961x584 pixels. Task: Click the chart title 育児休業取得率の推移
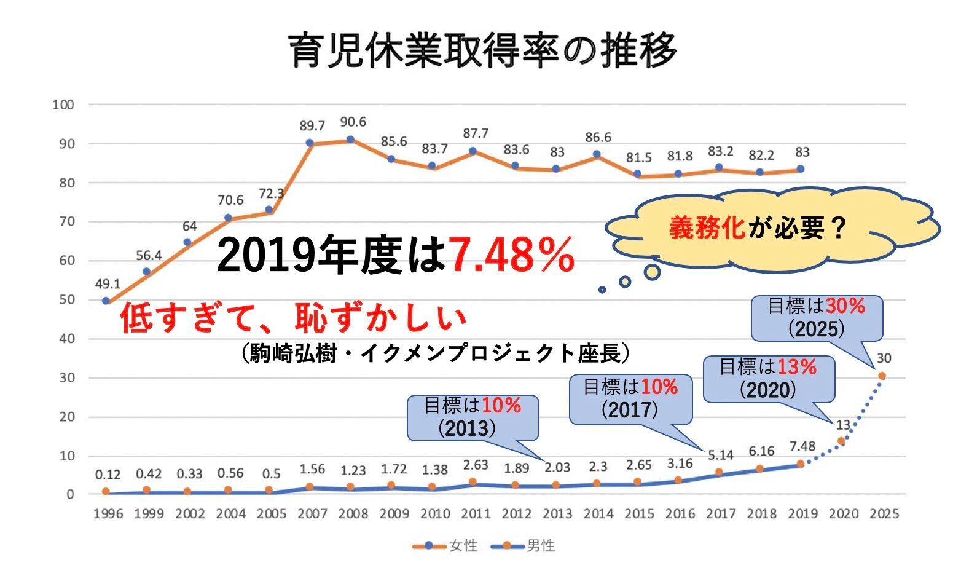(x=483, y=50)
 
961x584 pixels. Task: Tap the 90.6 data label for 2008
(x=353, y=122)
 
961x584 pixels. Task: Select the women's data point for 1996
(x=106, y=301)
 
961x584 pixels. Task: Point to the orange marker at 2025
(x=882, y=376)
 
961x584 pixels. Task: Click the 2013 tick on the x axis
(x=557, y=514)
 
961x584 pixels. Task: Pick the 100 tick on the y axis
(x=63, y=105)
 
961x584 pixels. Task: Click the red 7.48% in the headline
(x=512, y=255)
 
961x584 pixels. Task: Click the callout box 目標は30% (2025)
(x=817, y=318)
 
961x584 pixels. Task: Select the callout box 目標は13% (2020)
(x=768, y=379)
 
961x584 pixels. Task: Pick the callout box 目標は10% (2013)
(x=473, y=417)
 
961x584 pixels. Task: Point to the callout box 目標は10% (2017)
(x=630, y=398)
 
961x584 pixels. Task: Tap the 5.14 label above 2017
(x=721, y=456)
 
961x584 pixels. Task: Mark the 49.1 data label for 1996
(x=108, y=284)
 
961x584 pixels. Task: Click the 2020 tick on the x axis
(x=844, y=514)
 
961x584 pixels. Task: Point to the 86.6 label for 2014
(x=598, y=137)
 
